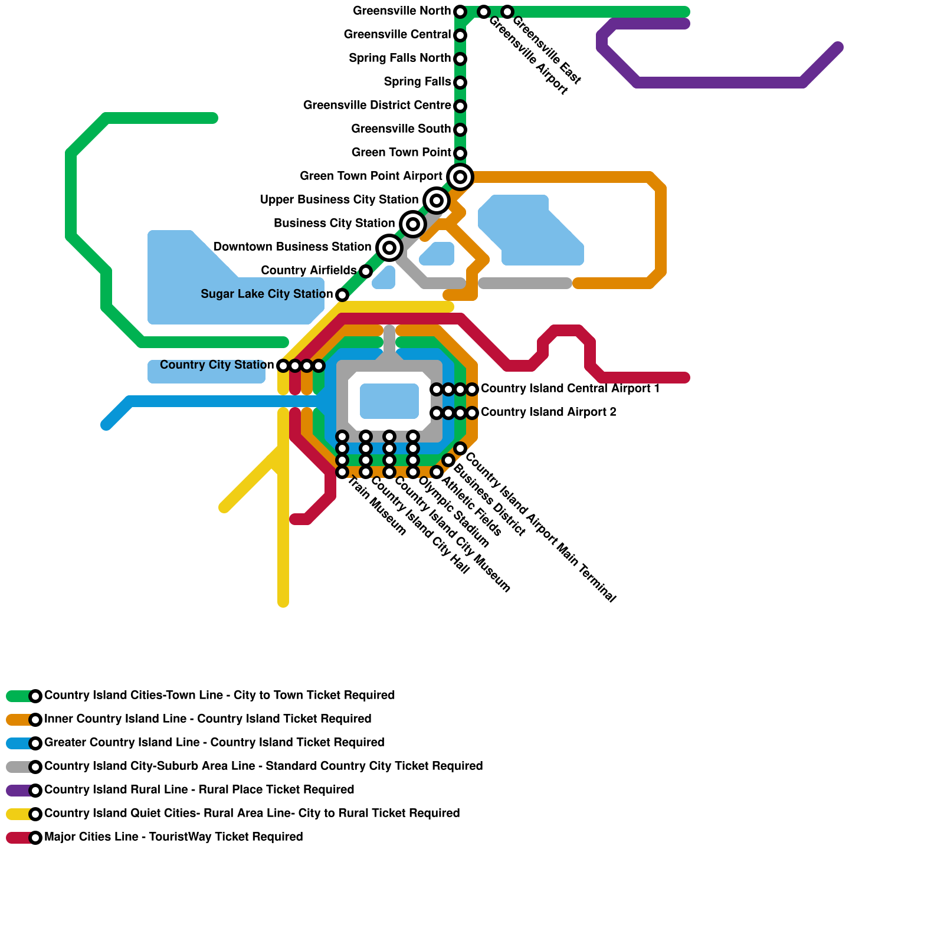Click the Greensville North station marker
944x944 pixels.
pyautogui.click(x=460, y=12)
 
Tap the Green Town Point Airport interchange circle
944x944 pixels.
pyautogui.click(x=460, y=176)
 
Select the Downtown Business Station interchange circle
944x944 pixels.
pyautogui.click(x=389, y=247)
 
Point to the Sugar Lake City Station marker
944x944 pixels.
pyautogui.click(x=342, y=294)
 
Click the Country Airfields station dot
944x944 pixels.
pyautogui.click(x=366, y=271)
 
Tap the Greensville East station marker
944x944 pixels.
pyautogui.click(x=507, y=12)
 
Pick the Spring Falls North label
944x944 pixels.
pyautogui.click(x=399, y=58)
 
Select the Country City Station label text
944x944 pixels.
pyautogui.click(x=217, y=365)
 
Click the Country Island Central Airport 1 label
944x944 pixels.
pyautogui.click(x=570, y=389)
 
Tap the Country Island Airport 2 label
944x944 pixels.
pyautogui.click(x=548, y=412)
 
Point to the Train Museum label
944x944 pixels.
pyautogui.click(x=376, y=506)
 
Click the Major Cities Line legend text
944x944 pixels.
pyautogui.click(x=173, y=837)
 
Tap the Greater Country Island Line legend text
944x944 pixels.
pyautogui.click(x=214, y=743)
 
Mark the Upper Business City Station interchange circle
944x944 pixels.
pyautogui.click(x=437, y=200)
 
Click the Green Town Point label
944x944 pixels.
pyautogui.click(x=401, y=153)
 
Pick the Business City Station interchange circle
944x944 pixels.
pyautogui.click(x=413, y=224)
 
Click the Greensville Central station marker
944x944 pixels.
pyautogui.click(x=460, y=35)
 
